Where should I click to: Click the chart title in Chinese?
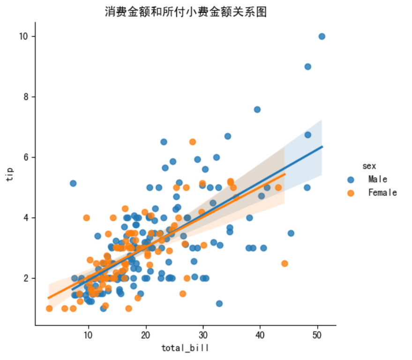click(x=186, y=12)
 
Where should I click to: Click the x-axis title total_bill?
click(x=185, y=347)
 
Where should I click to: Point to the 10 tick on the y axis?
click(x=24, y=37)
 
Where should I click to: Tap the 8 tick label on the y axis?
click(x=27, y=97)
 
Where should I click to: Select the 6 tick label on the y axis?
click(x=27, y=157)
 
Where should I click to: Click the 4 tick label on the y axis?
click(x=27, y=218)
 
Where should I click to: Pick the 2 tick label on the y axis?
click(x=27, y=278)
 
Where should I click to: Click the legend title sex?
click(x=369, y=166)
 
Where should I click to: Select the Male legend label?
click(x=378, y=179)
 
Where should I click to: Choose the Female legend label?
click(x=382, y=193)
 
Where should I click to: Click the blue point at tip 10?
click(x=322, y=37)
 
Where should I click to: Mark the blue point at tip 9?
click(x=307, y=67)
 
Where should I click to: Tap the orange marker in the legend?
click(x=351, y=193)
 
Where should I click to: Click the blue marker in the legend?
click(x=351, y=179)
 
